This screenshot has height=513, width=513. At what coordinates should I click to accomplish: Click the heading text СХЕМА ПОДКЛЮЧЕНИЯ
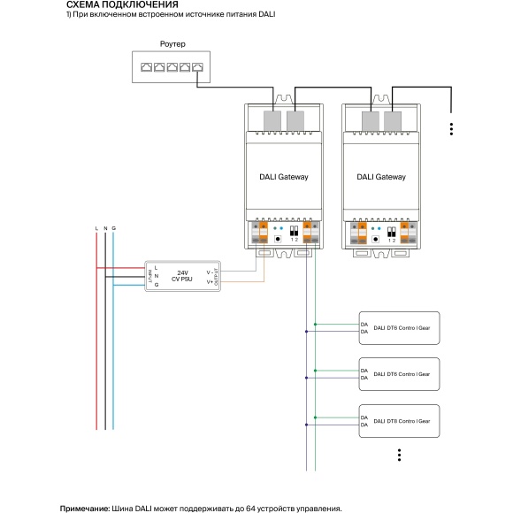click(116, 5)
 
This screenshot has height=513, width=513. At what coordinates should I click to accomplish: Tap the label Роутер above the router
click(172, 43)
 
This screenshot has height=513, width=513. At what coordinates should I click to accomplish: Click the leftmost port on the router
click(144, 66)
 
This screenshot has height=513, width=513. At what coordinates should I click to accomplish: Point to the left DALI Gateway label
click(284, 177)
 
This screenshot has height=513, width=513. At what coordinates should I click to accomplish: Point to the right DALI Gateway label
click(381, 177)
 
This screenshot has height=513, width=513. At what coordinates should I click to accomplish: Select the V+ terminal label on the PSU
click(210, 282)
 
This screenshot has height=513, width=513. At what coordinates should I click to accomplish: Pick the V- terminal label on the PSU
click(210, 272)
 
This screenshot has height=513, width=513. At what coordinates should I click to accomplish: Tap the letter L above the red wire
click(96, 229)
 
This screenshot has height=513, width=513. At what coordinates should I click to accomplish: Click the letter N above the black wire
click(105, 229)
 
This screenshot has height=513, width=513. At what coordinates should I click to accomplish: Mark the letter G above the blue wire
click(114, 229)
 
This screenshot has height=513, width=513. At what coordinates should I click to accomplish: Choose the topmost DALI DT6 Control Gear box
click(398, 327)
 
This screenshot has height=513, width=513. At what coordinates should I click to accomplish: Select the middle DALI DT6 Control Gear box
click(398, 374)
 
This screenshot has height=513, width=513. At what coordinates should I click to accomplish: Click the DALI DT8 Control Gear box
click(398, 420)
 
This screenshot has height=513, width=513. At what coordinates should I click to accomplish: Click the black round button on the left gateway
click(279, 238)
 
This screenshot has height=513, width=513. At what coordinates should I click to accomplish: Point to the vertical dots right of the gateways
click(451, 128)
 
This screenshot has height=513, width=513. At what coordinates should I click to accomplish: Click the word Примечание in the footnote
click(85, 509)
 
